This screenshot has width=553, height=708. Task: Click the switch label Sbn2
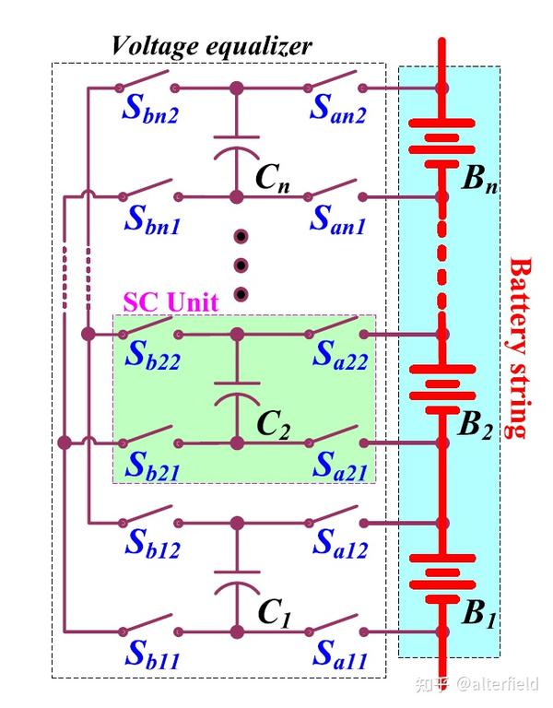coord(150,110)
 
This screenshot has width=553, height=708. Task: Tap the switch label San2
coord(337,110)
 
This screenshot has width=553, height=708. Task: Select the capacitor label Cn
coord(273,178)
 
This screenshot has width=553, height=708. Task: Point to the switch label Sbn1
coord(152,220)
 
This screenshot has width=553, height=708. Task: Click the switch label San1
coord(337,220)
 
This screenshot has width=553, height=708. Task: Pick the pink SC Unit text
coord(171,301)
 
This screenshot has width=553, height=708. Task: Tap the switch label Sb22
coord(153,355)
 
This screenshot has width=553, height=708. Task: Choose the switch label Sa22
coord(340,355)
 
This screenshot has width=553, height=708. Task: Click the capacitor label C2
coord(274,425)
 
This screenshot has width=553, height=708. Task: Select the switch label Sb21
coord(153,466)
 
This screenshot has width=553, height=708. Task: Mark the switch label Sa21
coord(340,466)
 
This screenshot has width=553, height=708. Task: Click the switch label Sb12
coord(153,544)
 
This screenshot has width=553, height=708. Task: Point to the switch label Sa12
coord(340,544)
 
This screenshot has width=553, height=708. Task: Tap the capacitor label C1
coord(275,613)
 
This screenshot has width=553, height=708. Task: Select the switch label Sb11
coord(153,655)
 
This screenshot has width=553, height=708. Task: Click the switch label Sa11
coord(340,655)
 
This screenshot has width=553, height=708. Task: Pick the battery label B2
coord(475,425)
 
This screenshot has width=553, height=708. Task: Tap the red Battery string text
coord(520,348)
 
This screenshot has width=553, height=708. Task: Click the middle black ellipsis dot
coord(241,265)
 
